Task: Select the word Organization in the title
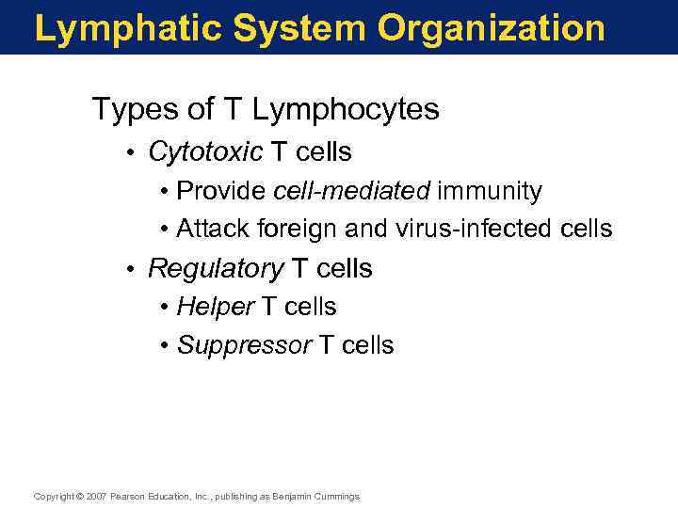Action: click(491, 28)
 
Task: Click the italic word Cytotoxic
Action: click(205, 151)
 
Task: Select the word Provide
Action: click(221, 191)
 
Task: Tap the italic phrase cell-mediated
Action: click(351, 191)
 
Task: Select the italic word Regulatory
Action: click(216, 269)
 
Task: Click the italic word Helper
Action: click(216, 307)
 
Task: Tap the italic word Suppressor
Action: click(244, 345)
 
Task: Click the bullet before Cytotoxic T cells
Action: click(135, 151)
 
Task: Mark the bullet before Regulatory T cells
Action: click(135, 269)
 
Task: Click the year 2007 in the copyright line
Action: click(96, 497)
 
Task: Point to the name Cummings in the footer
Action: click(336, 497)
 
